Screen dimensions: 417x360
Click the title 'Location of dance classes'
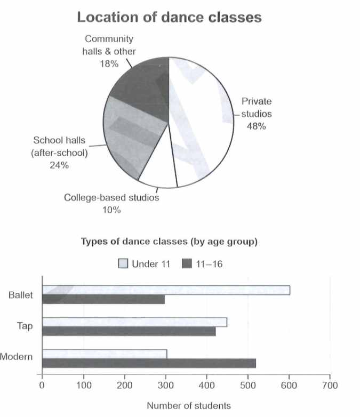[x=170, y=18]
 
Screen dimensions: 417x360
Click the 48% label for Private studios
[x=257, y=127]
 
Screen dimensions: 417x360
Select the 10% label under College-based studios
[x=111, y=210]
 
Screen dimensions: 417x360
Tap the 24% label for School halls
[x=59, y=165]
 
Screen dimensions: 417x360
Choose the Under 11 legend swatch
[x=123, y=263]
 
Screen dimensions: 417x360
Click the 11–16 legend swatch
[x=188, y=263]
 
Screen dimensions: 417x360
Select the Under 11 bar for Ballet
[x=166, y=290]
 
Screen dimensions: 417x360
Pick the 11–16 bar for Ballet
[x=103, y=300]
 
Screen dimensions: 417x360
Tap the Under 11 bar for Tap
[x=134, y=322]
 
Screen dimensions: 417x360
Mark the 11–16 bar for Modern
[x=149, y=363]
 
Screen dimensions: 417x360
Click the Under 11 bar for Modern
[x=104, y=354]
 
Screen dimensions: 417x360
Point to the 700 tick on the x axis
[x=330, y=384]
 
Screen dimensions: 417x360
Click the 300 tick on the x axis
[x=165, y=384]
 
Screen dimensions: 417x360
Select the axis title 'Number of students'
[x=189, y=406]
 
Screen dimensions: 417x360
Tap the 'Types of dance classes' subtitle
[x=169, y=242]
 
